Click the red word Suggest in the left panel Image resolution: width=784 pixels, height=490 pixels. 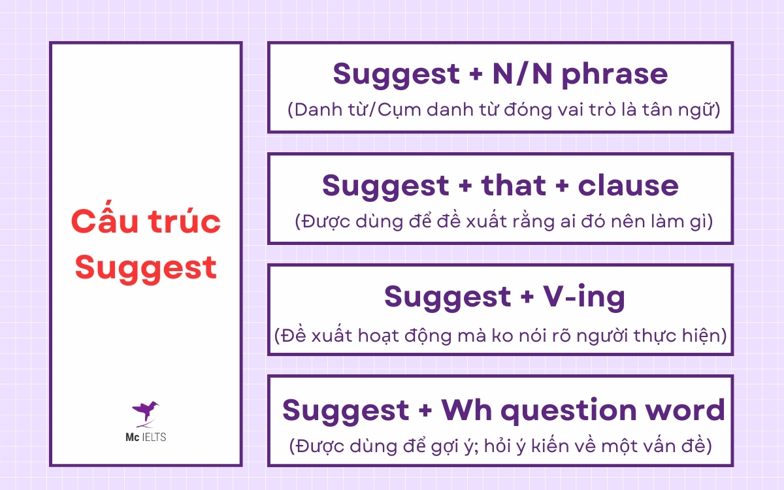pyautogui.click(x=146, y=267)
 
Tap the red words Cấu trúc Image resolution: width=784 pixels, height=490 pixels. pyautogui.click(x=146, y=223)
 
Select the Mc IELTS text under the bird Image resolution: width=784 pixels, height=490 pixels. pyautogui.click(x=146, y=437)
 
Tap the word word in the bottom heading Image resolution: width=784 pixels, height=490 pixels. pyautogui.click(x=687, y=410)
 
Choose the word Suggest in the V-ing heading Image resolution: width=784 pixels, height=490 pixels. pyautogui.click(x=444, y=297)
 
